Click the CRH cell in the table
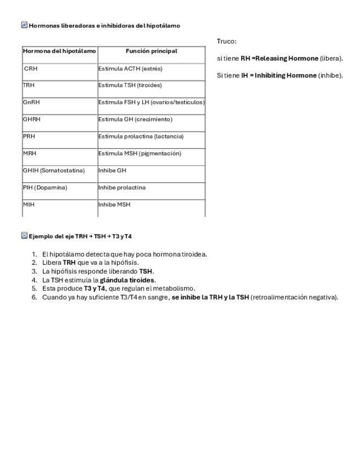[31, 69]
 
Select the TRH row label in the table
[29, 86]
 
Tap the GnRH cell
[31, 102]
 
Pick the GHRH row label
[32, 119]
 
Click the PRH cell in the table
[29, 136]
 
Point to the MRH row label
[30, 154]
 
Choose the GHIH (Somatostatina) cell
[54, 171]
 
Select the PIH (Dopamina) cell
[45, 188]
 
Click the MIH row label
[29, 205]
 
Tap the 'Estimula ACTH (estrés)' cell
[130, 69]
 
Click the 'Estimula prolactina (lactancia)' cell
[141, 136]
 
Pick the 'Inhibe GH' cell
[112, 171]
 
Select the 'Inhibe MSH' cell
[114, 205]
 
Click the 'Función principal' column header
[151, 52]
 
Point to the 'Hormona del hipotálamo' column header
[59, 52]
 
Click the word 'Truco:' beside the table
[226, 42]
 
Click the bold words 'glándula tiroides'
[127, 280]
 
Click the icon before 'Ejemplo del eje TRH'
[24, 236]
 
